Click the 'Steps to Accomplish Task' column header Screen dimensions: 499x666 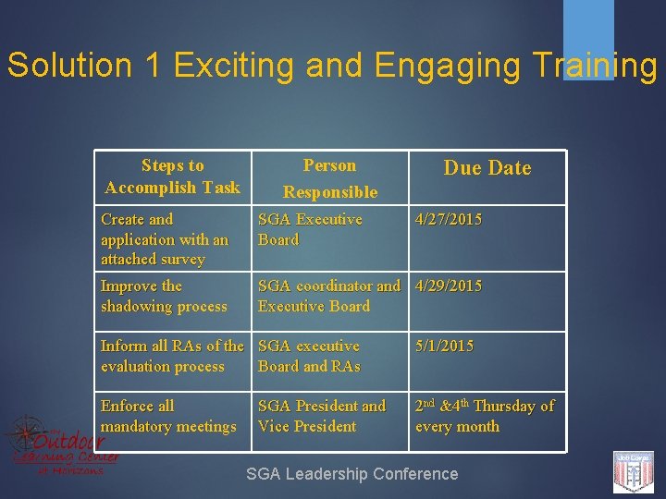coord(172,176)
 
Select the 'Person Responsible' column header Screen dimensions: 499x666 coord(330,178)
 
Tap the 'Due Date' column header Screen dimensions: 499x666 coord(487,168)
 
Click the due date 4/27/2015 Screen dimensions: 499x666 coord(449,220)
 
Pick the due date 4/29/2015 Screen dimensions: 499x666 coord(449,286)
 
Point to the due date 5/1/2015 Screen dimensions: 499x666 coord(444,347)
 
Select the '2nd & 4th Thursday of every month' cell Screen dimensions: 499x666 coord(484,416)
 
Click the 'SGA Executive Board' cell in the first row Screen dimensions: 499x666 coord(310,229)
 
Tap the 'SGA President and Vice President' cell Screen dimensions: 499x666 coord(321,416)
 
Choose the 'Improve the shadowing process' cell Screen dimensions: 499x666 coord(164,296)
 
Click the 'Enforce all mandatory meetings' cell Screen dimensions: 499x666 coord(168,416)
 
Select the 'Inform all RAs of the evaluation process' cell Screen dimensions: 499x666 coord(172,356)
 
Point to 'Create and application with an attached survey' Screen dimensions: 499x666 coord(165,239)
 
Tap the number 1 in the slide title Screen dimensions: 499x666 coord(151,66)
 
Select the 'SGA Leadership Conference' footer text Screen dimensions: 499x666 coord(351,474)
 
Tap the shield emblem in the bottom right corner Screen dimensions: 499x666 coord(634,472)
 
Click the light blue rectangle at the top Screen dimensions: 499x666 coord(588,37)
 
